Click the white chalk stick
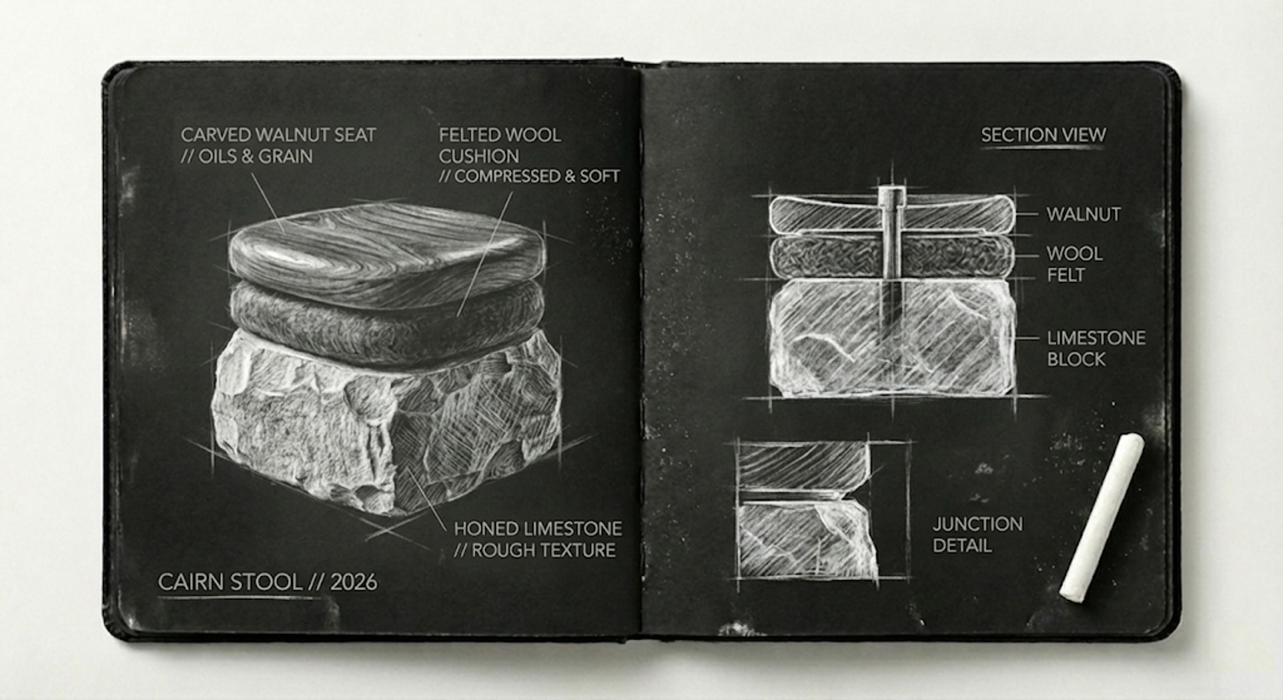coord(1101,518)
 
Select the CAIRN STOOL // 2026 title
coord(268,582)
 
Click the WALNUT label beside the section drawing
coord(1084,215)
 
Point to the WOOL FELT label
coord(1074,264)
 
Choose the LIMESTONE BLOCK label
coord(1096,348)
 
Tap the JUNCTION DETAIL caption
coord(978,535)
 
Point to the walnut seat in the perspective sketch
coord(386,254)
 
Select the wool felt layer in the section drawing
coord(892,257)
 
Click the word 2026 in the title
coord(354,582)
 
